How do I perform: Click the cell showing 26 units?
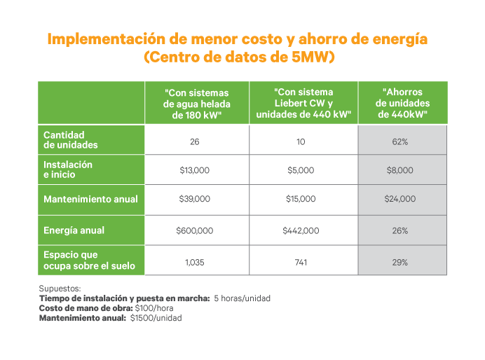click(x=195, y=141)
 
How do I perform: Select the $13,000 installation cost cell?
click(x=195, y=170)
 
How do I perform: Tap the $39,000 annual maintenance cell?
click(x=195, y=199)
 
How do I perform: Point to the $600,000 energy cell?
click(x=195, y=230)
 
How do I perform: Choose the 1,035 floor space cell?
click(x=195, y=263)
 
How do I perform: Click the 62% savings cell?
click(x=400, y=141)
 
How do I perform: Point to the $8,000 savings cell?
click(x=400, y=170)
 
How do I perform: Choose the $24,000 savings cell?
click(x=400, y=199)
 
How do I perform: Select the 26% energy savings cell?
click(x=400, y=230)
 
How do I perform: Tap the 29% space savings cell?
click(x=400, y=263)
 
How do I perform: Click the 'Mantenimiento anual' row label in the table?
click(x=90, y=199)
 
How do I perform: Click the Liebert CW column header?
click(x=303, y=103)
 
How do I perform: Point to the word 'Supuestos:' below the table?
click(x=60, y=288)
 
